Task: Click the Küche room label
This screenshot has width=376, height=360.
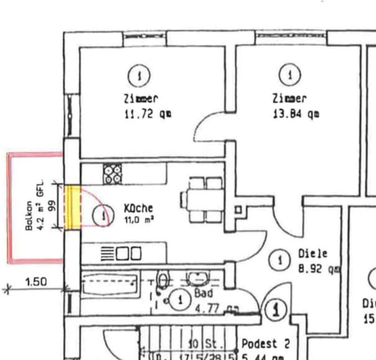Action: coord(138,208)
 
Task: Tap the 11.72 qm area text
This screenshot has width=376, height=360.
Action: coord(147,114)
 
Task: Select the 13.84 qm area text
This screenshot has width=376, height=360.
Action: coord(295,114)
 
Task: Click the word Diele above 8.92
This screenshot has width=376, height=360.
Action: coord(313,254)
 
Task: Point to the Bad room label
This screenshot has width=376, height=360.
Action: coord(204,293)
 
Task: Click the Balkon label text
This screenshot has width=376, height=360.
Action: coord(29,216)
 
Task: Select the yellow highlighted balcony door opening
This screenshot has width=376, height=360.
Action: coord(72,207)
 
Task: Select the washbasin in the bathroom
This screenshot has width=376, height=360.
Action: coord(198,279)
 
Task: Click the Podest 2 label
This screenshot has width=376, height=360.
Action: coord(266,344)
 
